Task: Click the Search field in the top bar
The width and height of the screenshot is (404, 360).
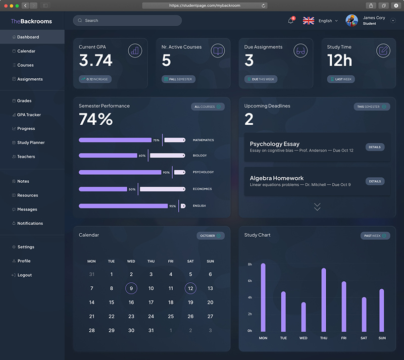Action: tap(127, 20)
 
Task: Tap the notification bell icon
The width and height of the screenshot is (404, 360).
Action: tap(291, 21)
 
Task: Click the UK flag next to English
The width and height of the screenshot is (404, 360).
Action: tap(309, 21)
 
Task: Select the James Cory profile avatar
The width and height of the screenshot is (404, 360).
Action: tap(351, 21)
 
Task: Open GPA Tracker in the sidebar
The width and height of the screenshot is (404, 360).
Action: tap(29, 115)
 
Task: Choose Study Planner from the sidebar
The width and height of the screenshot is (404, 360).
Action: tap(31, 142)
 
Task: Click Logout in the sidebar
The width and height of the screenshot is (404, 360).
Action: tap(24, 275)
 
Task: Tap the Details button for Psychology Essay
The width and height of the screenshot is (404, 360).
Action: tap(375, 147)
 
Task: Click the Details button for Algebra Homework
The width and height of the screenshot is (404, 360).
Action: tap(375, 181)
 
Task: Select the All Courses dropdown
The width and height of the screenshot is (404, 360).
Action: tap(208, 107)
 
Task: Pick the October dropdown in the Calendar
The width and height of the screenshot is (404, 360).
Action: tap(211, 236)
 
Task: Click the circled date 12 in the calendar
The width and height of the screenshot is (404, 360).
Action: tap(190, 288)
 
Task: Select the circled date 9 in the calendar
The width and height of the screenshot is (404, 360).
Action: tap(131, 288)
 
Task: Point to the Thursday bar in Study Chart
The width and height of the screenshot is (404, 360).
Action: tap(324, 300)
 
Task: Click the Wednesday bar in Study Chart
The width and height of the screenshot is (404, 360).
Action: tap(304, 317)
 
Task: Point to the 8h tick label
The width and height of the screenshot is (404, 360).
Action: tap(249, 265)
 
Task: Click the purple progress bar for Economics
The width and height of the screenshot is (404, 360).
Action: tap(103, 189)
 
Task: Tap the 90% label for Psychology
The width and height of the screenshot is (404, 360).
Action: tap(166, 172)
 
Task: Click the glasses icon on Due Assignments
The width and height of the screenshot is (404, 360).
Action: tap(300, 51)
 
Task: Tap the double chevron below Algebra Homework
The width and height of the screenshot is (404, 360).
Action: tap(317, 207)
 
